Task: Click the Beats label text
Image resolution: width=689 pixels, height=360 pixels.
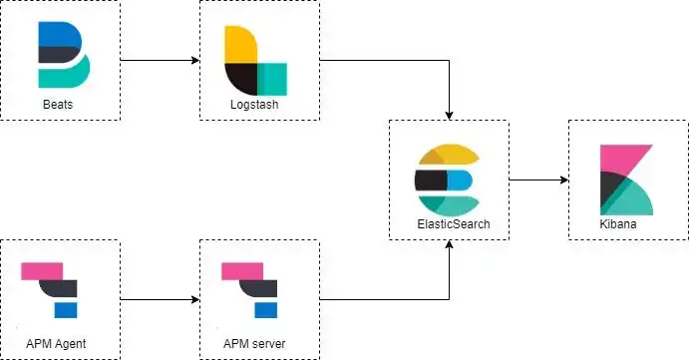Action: pos(59,105)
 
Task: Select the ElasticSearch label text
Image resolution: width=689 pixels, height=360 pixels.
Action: pos(448,224)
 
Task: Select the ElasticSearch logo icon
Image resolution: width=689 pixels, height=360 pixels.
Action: pos(447,180)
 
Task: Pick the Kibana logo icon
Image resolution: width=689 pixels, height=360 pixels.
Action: pos(627,180)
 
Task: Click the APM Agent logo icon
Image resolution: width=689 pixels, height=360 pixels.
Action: pos(51,290)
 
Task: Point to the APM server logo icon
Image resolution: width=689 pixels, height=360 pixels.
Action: pos(250,290)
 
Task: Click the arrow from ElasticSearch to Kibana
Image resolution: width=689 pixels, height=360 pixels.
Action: pos(538,180)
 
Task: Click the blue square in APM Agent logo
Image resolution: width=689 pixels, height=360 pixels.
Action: pos(66,310)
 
